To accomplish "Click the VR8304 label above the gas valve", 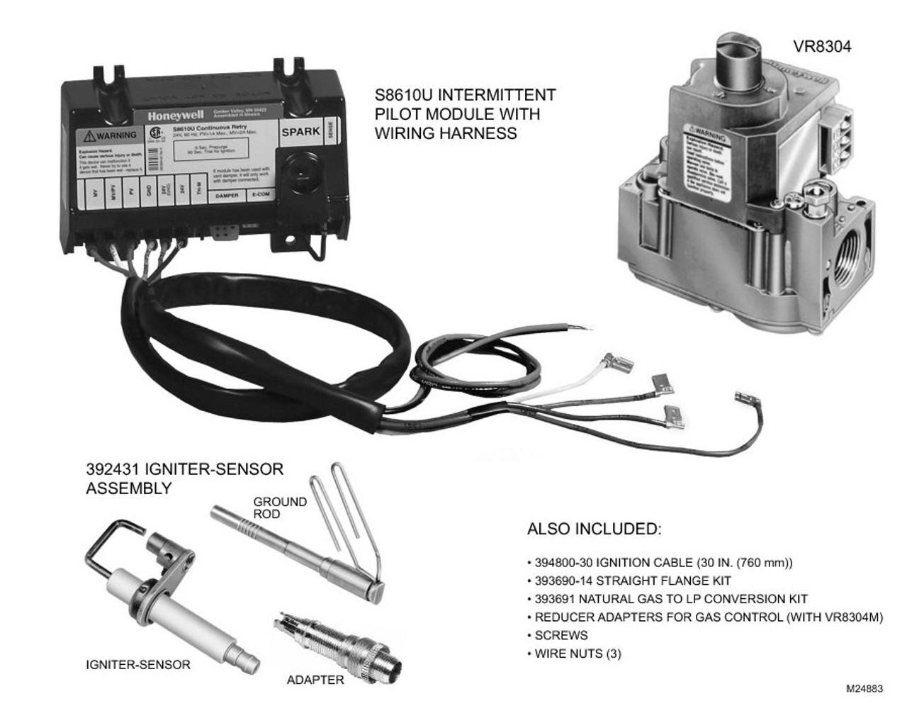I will [x=822, y=47].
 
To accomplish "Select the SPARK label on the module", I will [x=300, y=132].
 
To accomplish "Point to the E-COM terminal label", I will [x=259, y=195].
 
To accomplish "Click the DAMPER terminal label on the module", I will [x=226, y=195].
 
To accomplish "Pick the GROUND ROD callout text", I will [x=280, y=507].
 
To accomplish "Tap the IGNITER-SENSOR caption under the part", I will [x=137, y=665].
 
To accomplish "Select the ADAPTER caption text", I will [x=315, y=680].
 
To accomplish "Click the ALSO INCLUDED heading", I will [x=593, y=529].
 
